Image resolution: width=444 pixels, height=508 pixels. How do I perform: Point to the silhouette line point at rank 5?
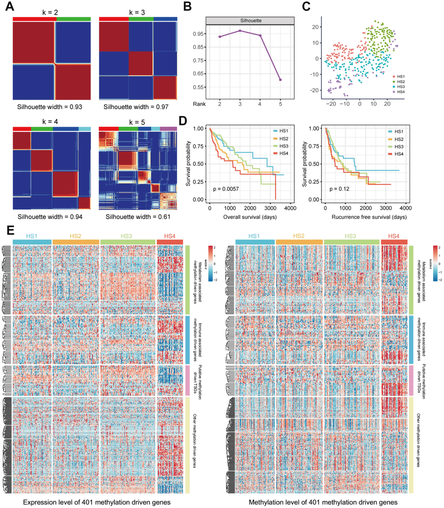tap(280, 80)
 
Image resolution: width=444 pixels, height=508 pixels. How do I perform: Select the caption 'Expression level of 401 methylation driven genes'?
tap(96, 501)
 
